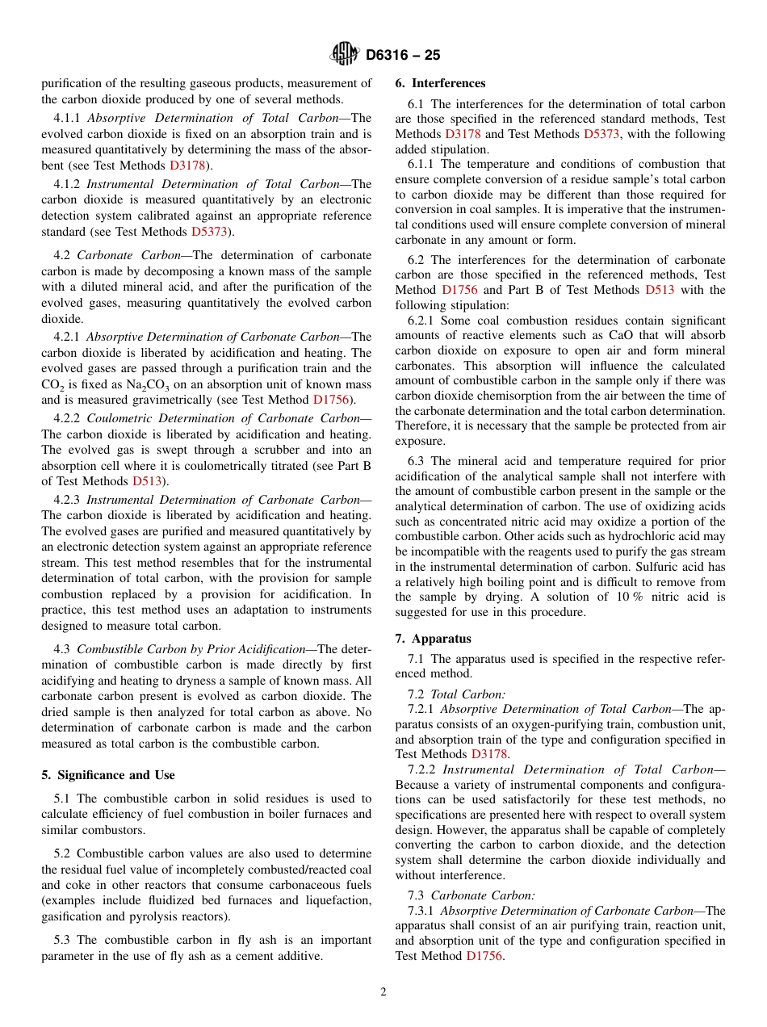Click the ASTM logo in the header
tap(345, 55)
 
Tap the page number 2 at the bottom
tap(383, 992)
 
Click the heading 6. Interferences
tap(440, 83)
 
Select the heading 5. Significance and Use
tap(108, 774)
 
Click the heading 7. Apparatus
tap(433, 638)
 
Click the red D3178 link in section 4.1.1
tap(187, 166)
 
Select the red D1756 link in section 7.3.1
tap(484, 955)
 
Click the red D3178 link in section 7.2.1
tap(488, 754)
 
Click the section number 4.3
tap(62, 648)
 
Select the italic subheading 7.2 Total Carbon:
tap(457, 694)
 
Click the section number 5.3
tap(62, 940)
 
